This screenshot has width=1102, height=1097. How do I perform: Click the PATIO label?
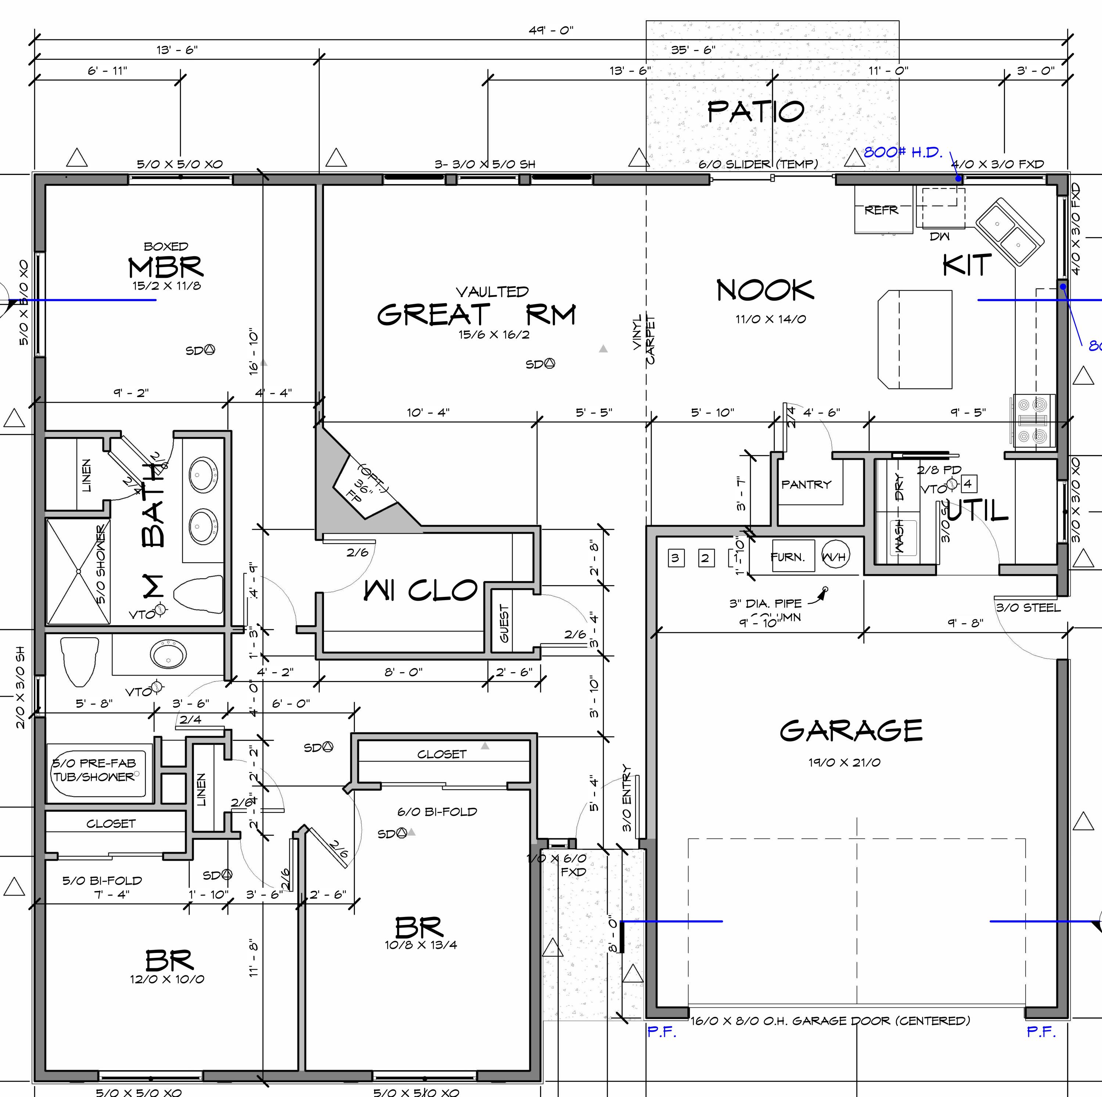[x=755, y=111]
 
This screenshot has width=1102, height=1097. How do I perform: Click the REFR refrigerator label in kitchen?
[x=881, y=210]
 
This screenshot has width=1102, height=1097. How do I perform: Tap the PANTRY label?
[x=806, y=485]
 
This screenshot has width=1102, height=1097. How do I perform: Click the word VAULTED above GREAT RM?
[x=492, y=292]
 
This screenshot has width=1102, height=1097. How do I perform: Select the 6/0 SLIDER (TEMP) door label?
[x=758, y=164]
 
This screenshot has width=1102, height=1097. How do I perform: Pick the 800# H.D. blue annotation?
[x=903, y=153]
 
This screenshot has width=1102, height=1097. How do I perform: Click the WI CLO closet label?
[x=420, y=591]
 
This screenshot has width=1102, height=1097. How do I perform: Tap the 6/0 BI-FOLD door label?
[x=437, y=811]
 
